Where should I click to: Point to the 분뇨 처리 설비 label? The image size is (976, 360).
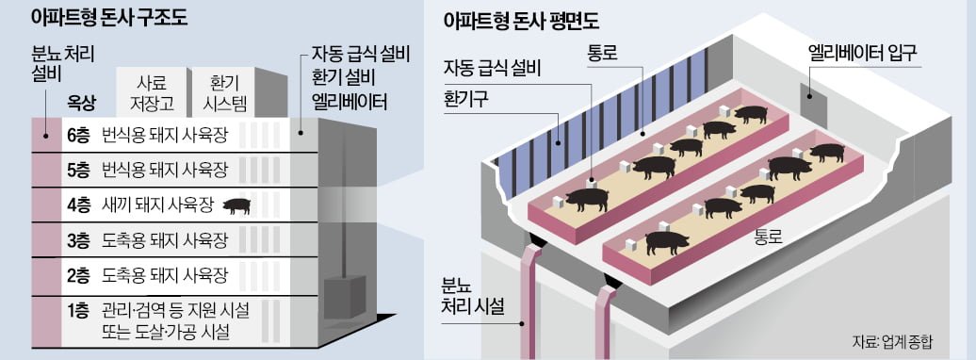57,64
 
